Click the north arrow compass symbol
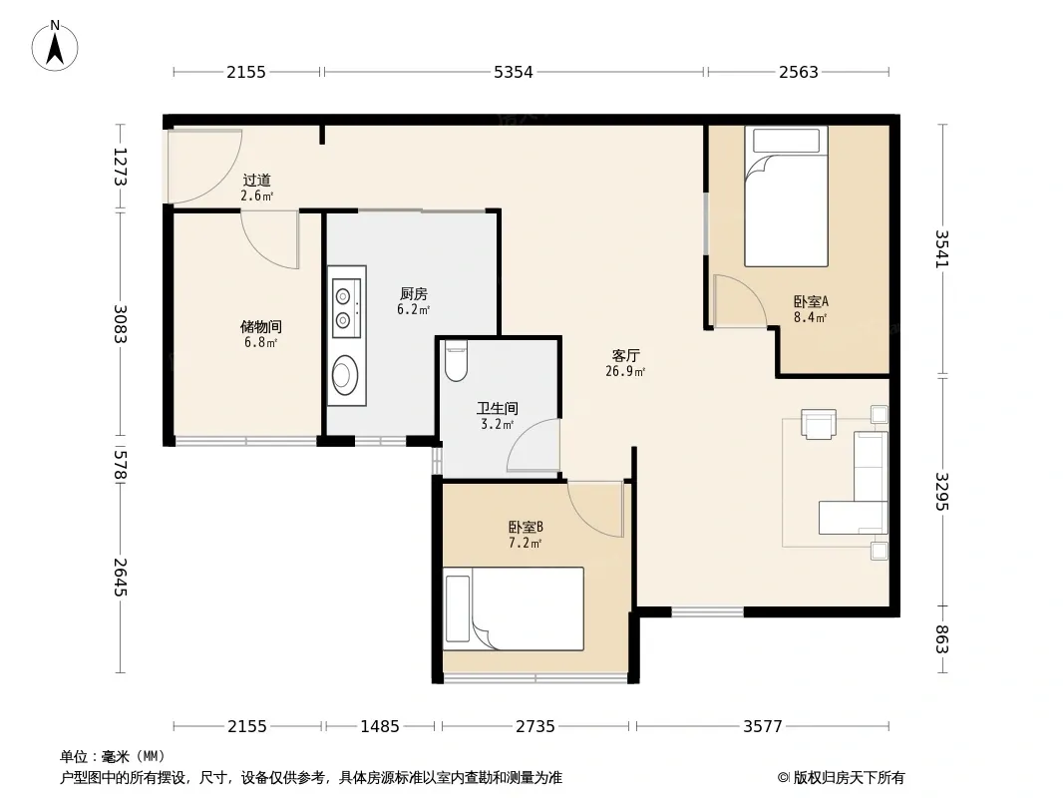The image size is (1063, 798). coord(55,46)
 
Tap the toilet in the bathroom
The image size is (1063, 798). coord(456,361)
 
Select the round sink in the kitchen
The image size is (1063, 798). coord(345,375)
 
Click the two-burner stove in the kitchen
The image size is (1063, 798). coord(346,307)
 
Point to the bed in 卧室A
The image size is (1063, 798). coord(787,197)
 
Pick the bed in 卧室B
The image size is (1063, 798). coord(514,608)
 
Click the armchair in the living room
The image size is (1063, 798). coord(819,424)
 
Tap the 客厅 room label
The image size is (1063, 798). coord(625,355)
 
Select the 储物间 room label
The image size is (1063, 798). coord(261,327)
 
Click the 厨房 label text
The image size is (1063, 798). coord(414,293)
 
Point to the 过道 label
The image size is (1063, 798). coord(257,181)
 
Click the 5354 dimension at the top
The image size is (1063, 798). coord(514,72)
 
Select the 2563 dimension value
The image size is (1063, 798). coord(799,72)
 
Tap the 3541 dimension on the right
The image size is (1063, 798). coord(942,248)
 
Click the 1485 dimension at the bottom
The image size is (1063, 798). coord(380,727)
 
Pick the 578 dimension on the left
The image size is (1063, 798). coord(120,464)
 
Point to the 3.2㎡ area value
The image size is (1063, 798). coord(497,424)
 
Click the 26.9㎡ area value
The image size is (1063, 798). coord(625,371)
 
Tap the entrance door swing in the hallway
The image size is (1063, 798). coord(204,167)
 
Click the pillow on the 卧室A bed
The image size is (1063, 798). coord(787,141)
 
